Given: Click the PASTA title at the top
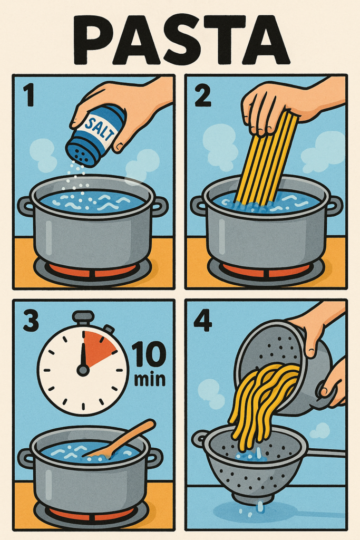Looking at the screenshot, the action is click(x=181, y=41).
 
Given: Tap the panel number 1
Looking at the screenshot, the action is click(x=29, y=96).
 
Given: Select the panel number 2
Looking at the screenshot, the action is click(x=203, y=96).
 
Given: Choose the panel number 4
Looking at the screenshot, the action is click(x=203, y=321).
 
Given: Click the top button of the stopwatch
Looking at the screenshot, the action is click(x=83, y=317).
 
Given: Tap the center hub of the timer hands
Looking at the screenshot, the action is click(x=83, y=370).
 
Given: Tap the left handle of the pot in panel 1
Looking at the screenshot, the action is click(x=25, y=206).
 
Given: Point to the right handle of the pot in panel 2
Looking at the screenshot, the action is click(x=334, y=206).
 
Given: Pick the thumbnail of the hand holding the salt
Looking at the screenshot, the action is click(x=119, y=147).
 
